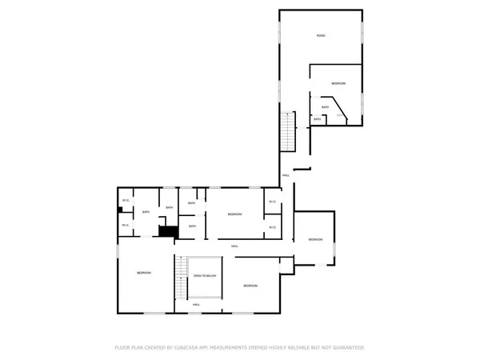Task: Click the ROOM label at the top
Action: click(x=321, y=36)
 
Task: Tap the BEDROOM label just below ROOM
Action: click(x=338, y=84)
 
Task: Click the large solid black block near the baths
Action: click(x=167, y=231)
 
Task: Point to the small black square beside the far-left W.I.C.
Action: click(x=120, y=210)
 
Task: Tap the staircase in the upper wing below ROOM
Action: click(x=288, y=130)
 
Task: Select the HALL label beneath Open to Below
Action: click(x=196, y=305)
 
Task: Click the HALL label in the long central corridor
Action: click(x=234, y=246)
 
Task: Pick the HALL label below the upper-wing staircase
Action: click(x=286, y=176)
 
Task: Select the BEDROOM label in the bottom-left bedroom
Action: click(x=144, y=274)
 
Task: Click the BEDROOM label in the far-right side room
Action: click(x=316, y=239)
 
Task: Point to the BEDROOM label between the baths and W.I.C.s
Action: click(x=234, y=214)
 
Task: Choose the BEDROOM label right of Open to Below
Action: click(x=250, y=286)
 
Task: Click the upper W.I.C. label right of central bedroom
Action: click(x=272, y=201)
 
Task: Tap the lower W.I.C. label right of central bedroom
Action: click(x=272, y=228)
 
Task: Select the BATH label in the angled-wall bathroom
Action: click(x=325, y=107)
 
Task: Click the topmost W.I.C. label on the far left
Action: click(x=126, y=200)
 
